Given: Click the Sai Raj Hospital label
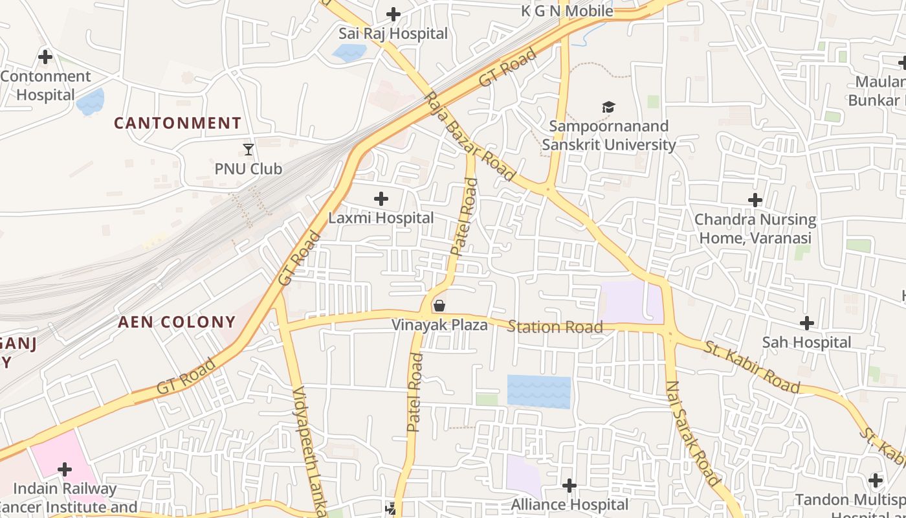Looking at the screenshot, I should click(x=393, y=34).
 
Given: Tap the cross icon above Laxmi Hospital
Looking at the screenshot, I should click(x=381, y=199).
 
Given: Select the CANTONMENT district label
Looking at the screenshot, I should click(x=178, y=123).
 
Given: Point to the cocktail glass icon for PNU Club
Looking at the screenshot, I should click(x=249, y=150).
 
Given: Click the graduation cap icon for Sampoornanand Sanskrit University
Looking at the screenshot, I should click(x=608, y=107).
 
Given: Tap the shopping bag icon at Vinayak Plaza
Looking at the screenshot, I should click(x=439, y=306).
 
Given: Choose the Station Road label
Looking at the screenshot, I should click(x=555, y=327).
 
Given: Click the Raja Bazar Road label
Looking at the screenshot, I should click(x=470, y=137).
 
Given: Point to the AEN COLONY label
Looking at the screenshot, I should click(x=177, y=322).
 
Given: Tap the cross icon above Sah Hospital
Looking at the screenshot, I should click(x=807, y=323).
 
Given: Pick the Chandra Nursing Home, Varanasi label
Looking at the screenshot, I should click(x=755, y=229).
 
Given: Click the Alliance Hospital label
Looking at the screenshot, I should click(x=569, y=504).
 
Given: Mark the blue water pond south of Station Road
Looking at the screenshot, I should click(x=538, y=392).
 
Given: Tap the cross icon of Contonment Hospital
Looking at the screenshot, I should click(x=45, y=57).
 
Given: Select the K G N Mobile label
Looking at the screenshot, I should click(x=567, y=11).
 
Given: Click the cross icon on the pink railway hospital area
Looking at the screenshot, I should click(x=65, y=469).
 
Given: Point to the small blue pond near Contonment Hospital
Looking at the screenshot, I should click(x=90, y=102).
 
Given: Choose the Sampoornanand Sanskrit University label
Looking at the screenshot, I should click(x=608, y=135).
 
